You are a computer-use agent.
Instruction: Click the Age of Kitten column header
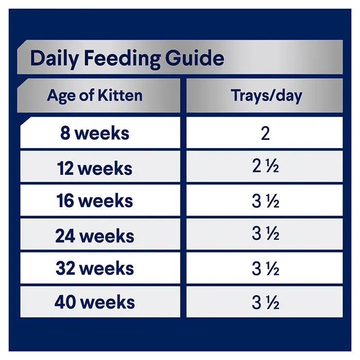pos(95,95)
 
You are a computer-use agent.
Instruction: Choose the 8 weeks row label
pos(95,134)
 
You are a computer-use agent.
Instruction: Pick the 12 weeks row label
pos(95,168)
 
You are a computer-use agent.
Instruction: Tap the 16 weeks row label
pos(95,202)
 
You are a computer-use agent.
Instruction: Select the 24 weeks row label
pos(95,236)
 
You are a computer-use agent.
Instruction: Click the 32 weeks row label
pos(95,268)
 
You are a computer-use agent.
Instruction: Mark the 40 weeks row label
pos(95,302)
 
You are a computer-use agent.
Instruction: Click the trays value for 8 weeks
pos(265,134)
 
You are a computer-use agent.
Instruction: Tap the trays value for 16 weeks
pos(265,202)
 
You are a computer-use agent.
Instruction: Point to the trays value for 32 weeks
pos(265,268)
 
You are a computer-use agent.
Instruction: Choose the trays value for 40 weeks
pos(265,302)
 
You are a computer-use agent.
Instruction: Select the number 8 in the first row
pos(65,134)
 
